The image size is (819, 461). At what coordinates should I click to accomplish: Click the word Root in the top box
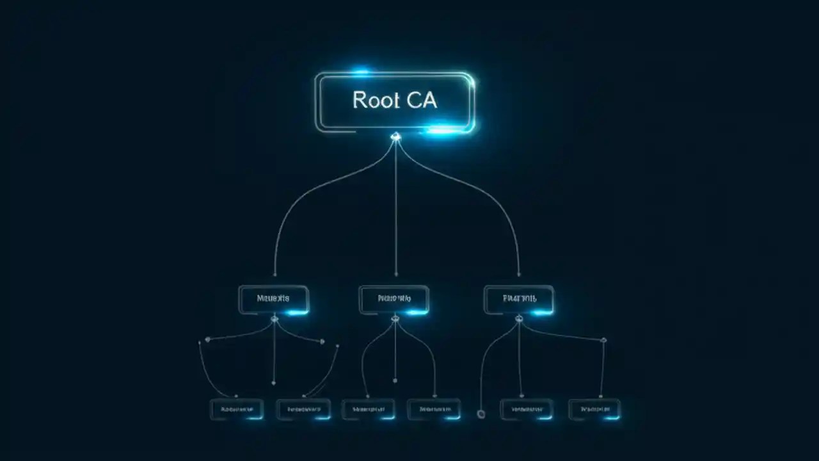click(x=376, y=101)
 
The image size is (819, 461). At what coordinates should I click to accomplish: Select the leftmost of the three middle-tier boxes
click(x=273, y=299)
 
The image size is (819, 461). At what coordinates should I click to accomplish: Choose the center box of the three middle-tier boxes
click(x=394, y=299)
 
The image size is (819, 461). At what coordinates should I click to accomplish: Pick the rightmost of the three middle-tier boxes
click(x=519, y=299)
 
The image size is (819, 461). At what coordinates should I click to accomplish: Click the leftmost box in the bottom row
click(x=236, y=409)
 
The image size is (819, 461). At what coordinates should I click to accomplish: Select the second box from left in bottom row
click(x=303, y=409)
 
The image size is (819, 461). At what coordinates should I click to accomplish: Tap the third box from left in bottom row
click(x=369, y=409)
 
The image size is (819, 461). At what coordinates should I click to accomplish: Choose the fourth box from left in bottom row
click(x=434, y=409)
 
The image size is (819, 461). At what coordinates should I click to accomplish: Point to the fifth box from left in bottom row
click(x=527, y=409)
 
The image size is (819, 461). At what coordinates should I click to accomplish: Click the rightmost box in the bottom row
click(x=594, y=409)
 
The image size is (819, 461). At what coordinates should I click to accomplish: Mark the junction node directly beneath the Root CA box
click(x=395, y=136)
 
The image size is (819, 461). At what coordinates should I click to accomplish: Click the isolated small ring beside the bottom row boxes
click(x=481, y=414)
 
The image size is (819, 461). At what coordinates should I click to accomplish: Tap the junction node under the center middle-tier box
click(x=395, y=318)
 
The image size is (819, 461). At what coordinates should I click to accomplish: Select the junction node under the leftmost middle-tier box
click(x=274, y=318)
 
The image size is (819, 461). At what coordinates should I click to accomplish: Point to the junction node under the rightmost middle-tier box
click(x=519, y=318)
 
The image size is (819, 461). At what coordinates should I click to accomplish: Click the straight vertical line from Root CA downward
click(x=395, y=211)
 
